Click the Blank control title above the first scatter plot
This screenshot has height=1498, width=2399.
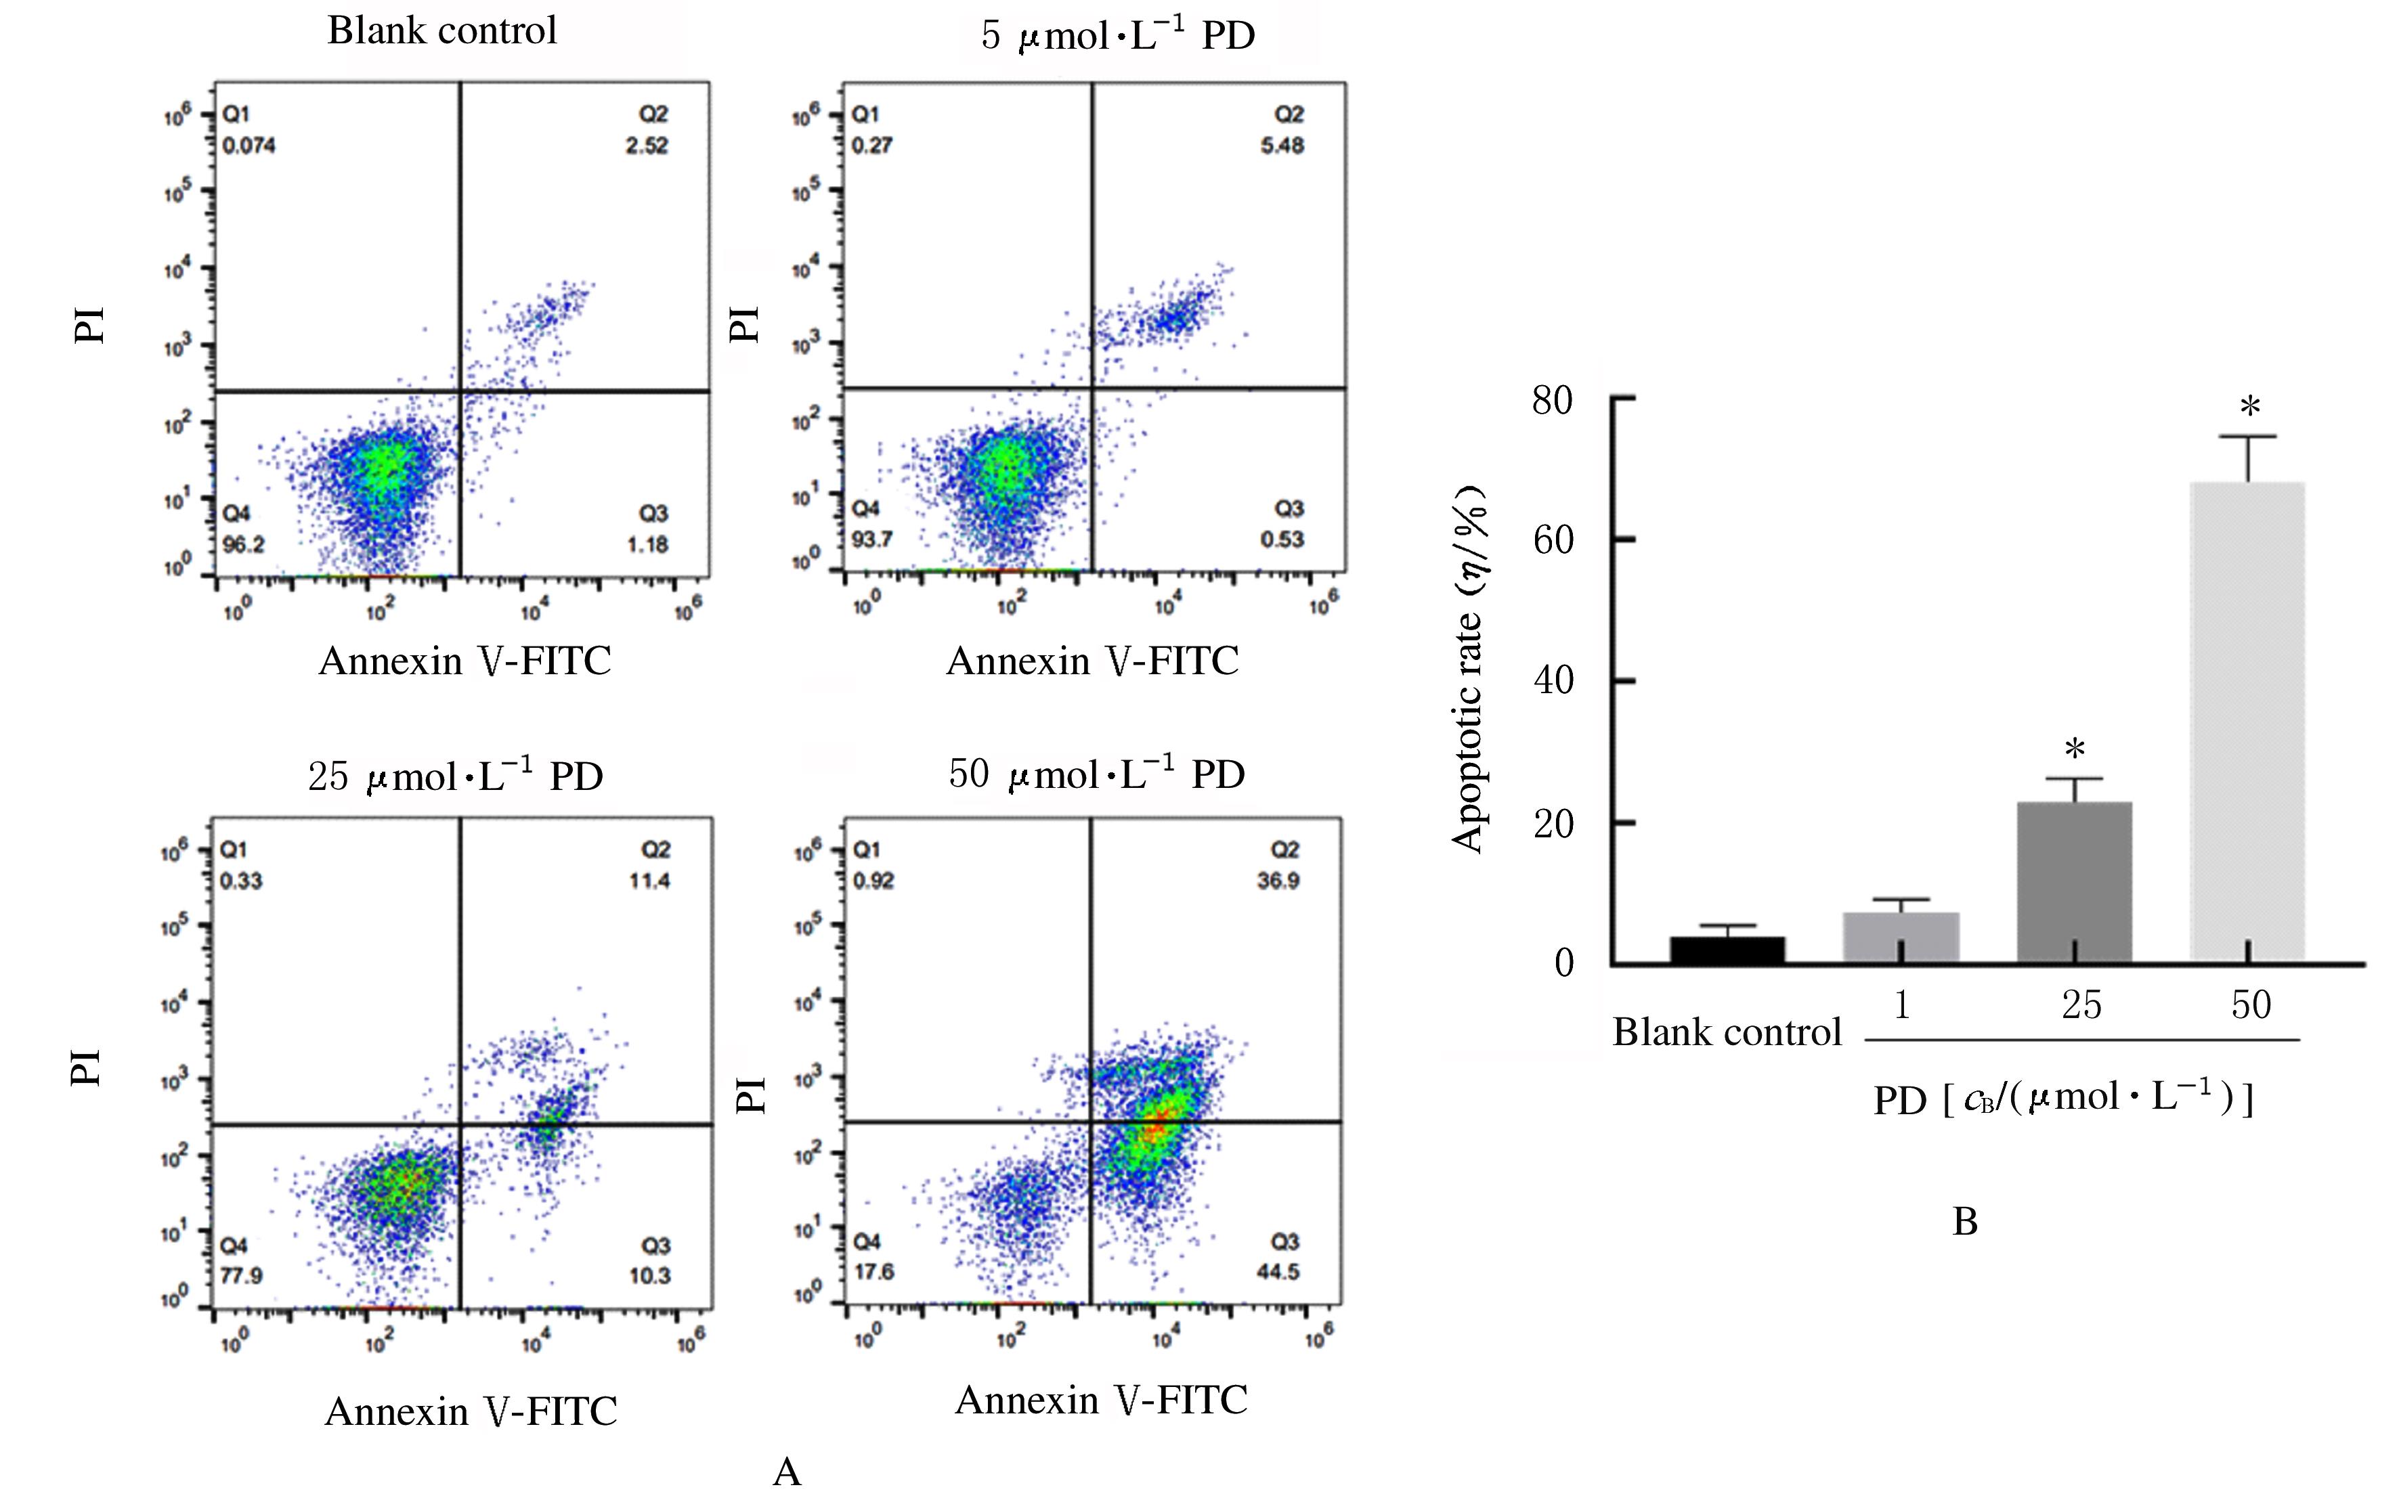tap(442, 30)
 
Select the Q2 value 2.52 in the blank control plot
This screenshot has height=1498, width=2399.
tap(647, 146)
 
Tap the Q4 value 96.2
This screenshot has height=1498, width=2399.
tap(243, 544)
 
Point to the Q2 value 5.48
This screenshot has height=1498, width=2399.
tap(1282, 146)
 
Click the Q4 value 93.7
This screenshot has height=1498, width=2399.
tap(872, 539)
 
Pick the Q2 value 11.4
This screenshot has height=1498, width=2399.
tap(650, 881)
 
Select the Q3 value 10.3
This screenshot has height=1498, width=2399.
tap(650, 1275)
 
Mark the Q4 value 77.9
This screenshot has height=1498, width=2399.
tap(241, 1275)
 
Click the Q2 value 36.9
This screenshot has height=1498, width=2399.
tap(1278, 881)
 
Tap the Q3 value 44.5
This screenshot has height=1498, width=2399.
tap(1278, 1271)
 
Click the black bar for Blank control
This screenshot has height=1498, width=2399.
tap(1727, 949)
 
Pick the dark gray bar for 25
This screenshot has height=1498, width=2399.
tap(2074, 882)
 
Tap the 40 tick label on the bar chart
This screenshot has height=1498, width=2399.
tap(1552, 681)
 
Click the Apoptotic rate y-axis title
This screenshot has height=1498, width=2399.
tap(1467, 669)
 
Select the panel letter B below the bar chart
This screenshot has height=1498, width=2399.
tap(1965, 1222)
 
